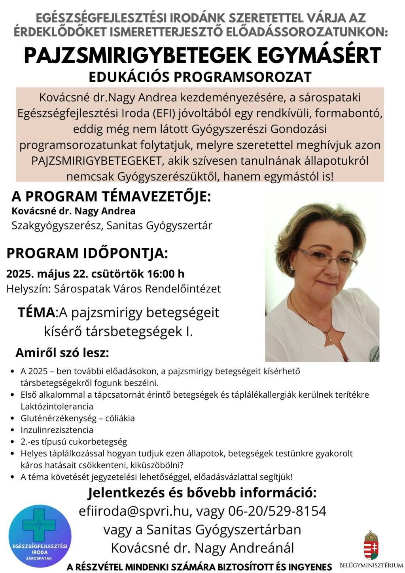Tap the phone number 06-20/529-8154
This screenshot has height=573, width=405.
(x=277, y=511)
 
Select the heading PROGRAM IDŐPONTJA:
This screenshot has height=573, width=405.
(x=87, y=253)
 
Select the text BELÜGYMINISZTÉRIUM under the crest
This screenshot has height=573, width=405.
(x=371, y=565)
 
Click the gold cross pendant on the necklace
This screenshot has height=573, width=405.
(x=328, y=337)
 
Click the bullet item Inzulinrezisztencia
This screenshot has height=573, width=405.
(x=57, y=430)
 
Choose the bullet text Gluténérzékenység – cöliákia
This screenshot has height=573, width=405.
(x=78, y=418)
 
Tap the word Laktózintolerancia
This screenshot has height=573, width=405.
(x=57, y=406)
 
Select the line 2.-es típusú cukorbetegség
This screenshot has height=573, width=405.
(x=74, y=442)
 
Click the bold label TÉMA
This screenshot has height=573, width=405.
(x=37, y=312)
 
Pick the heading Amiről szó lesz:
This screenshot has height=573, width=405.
(x=62, y=353)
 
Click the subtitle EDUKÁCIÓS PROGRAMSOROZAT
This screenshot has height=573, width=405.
(x=200, y=77)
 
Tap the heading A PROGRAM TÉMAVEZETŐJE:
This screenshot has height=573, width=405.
(x=111, y=196)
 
